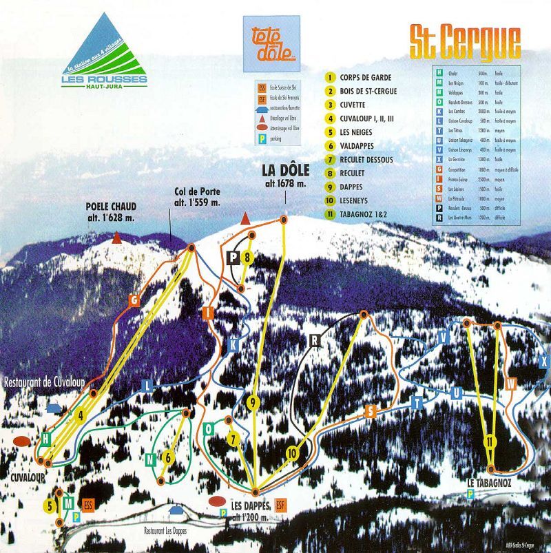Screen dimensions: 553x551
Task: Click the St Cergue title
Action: point(465,43)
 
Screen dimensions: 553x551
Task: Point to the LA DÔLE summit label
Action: point(284,176)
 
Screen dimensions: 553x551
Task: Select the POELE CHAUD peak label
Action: point(111,211)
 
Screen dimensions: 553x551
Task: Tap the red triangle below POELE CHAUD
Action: point(118,238)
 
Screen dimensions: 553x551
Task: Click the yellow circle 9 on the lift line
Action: point(253,404)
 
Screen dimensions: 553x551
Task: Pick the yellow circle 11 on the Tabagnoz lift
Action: point(490,441)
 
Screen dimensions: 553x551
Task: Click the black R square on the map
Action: point(315,340)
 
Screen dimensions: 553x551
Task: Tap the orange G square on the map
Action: point(134,300)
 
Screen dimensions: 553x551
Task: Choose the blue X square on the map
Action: point(544,361)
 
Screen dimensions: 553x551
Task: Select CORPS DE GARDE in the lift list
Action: point(366,77)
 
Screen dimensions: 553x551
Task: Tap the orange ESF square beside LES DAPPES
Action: point(280,503)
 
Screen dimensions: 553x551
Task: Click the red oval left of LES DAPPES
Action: point(218,501)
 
